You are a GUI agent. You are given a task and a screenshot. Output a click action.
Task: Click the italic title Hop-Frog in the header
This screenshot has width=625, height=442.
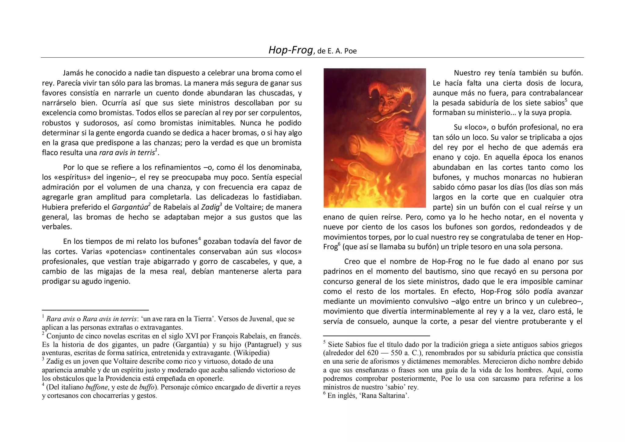[x=291, y=50]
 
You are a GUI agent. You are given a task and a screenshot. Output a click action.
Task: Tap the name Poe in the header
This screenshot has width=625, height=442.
[x=350, y=51]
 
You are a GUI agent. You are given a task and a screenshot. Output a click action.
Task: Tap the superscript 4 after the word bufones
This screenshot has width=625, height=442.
[x=199, y=239]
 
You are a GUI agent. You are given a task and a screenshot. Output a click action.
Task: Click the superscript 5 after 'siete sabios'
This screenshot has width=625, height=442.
[x=565, y=100]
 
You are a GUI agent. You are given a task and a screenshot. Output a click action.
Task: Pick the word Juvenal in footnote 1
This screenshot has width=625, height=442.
[x=260, y=319]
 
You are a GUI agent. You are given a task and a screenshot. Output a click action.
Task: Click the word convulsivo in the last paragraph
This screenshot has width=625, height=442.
[x=430, y=302]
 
